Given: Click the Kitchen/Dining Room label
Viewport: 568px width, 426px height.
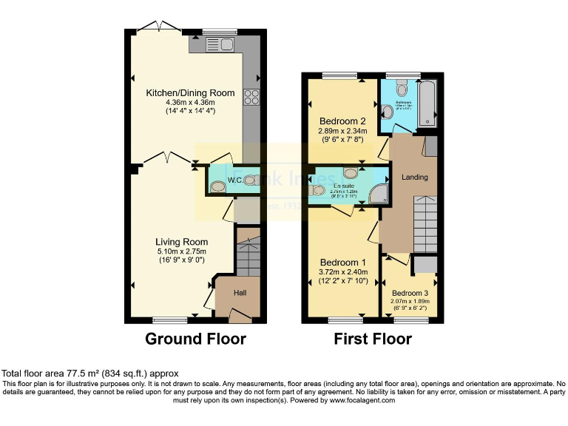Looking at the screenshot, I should pos(190,93).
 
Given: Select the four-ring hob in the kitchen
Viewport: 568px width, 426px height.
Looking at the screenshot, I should pos(251,97).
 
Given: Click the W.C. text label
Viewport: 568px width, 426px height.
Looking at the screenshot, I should pos(235,180).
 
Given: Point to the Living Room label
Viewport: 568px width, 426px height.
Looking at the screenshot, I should pos(181,242).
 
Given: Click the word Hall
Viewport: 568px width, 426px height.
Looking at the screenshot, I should pos(240,293).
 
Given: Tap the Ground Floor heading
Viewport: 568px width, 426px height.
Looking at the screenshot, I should pos(195,339).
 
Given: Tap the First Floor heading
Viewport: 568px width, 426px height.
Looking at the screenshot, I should pos(373,339).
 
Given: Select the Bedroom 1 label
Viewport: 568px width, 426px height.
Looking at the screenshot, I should pos(342,263).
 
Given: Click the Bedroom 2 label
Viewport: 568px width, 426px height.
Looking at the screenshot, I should pos(343,121).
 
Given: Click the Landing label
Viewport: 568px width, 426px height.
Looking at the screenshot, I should pos(415,177).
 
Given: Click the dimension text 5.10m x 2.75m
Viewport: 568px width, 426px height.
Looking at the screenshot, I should pos(181,251).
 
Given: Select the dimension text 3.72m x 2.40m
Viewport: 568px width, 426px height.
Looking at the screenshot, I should pos(342,272).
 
